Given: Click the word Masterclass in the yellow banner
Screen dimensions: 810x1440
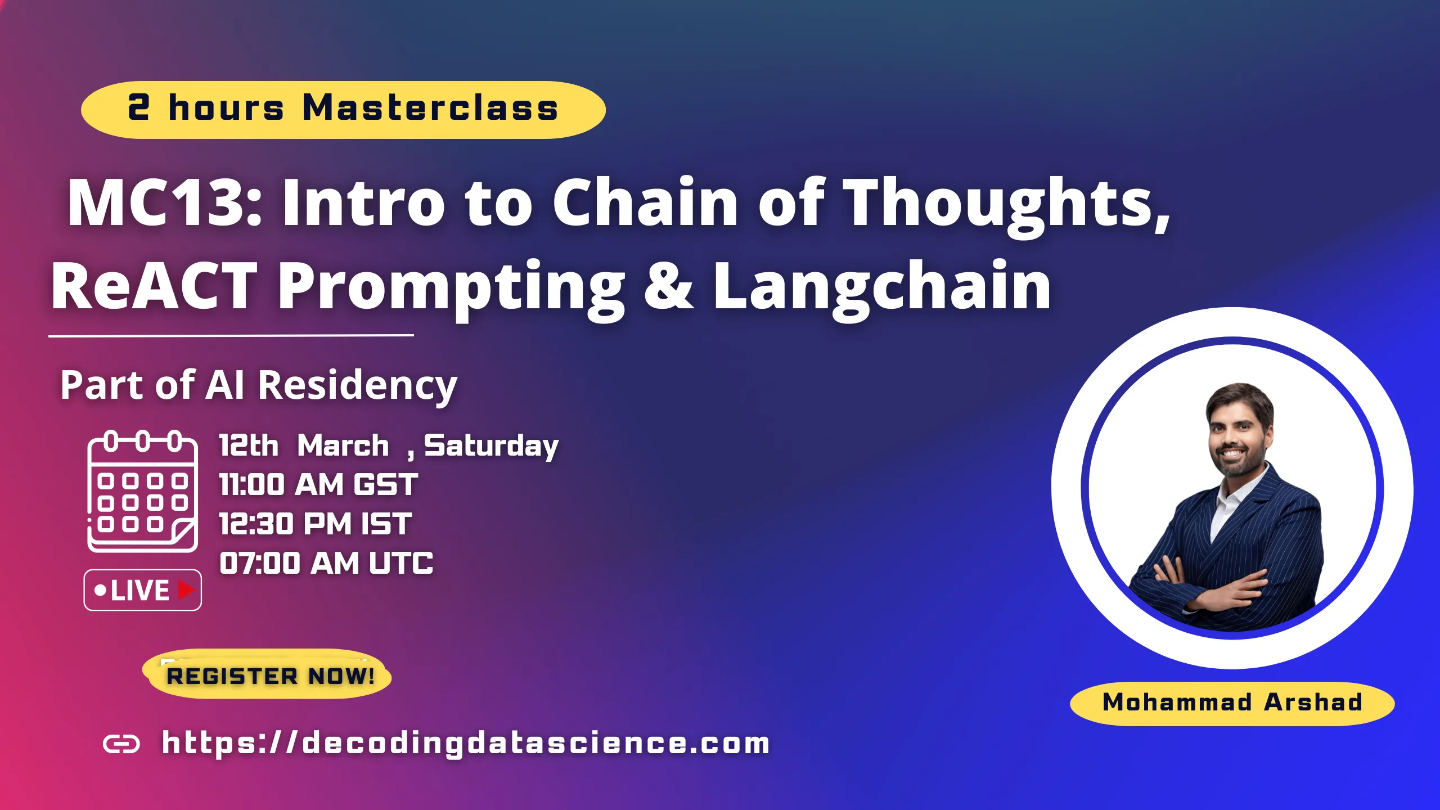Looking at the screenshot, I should tap(430, 108).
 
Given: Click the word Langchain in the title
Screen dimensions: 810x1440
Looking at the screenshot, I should tap(882, 287).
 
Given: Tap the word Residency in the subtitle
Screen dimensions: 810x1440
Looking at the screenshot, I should tap(358, 386).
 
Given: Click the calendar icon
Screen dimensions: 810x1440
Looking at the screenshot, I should tap(142, 492).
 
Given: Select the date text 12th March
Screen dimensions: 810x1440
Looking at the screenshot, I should tap(304, 445).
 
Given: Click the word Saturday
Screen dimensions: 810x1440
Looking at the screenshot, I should tap(490, 447).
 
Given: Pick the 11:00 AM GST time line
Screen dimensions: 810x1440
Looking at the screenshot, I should tap(318, 485).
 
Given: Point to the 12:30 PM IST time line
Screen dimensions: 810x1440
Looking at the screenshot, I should tap(315, 524).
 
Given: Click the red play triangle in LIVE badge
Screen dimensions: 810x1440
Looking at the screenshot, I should tap(186, 590).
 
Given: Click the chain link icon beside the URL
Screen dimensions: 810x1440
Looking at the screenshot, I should tap(121, 744).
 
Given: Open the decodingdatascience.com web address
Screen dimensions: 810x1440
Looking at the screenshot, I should tap(466, 743).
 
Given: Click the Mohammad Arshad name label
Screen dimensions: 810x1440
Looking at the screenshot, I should tap(1232, 703).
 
